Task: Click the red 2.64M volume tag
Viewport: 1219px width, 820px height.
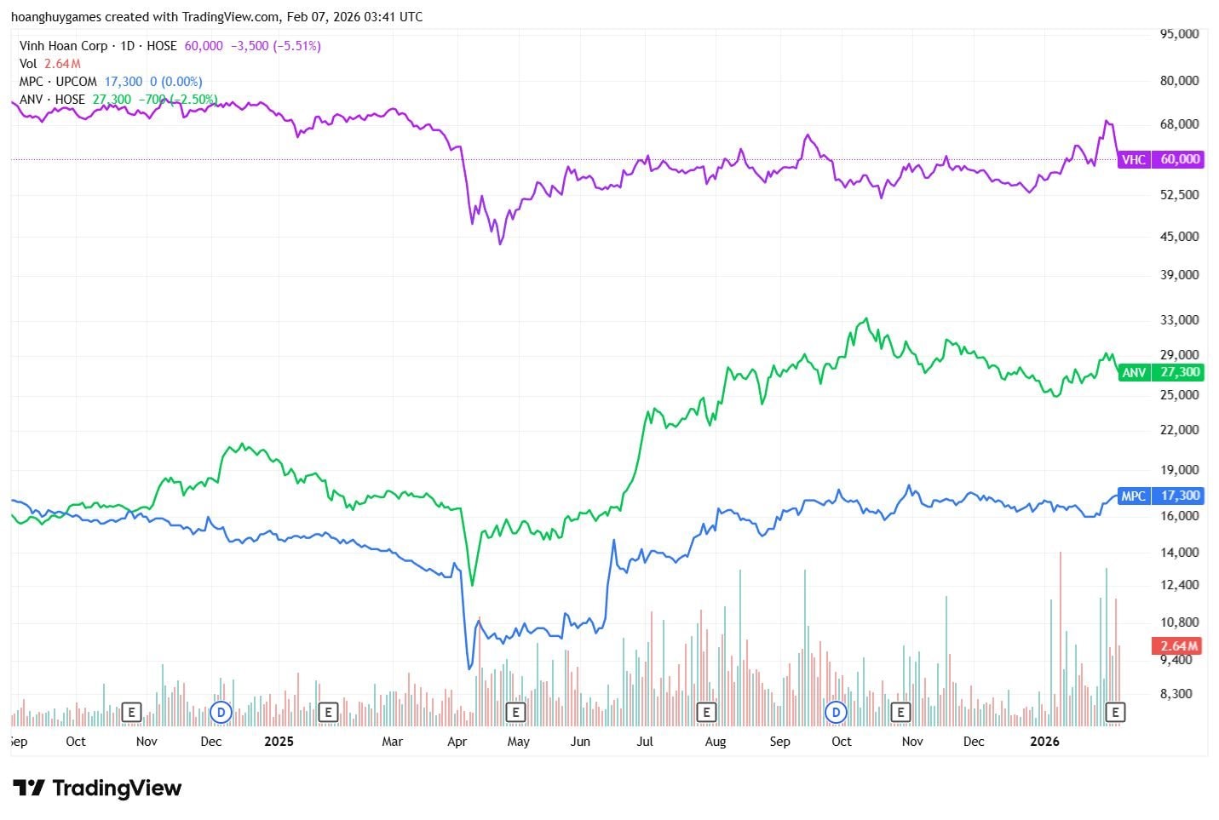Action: tap(1178, 645)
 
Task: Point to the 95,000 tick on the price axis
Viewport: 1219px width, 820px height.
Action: tap(1180, 34)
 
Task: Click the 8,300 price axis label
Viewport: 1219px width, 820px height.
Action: tap(1176, 693)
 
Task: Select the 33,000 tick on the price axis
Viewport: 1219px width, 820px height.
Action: tap(1180, 320)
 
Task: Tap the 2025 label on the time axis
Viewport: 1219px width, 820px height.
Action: tap(279, 741)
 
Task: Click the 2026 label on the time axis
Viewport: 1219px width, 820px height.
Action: tap(1044, 741)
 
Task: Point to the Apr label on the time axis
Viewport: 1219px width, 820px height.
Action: tap(457, 741)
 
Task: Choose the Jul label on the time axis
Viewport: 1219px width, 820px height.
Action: tap(645, 741)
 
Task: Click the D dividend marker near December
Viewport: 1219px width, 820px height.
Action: tap(221, 712)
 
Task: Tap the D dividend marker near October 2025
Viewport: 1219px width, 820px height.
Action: tap(837, 712)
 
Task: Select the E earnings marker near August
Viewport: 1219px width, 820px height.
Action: tap(705, 712)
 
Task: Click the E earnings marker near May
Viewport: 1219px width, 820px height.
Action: tap(515, 712)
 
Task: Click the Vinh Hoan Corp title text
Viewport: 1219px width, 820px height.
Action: tap(63, 46)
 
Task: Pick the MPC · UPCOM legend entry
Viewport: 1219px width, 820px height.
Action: tap(58, 82)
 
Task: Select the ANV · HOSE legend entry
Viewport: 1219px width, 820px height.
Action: tap(52, 100)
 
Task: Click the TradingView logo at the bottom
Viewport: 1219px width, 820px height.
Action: tap(97, 788)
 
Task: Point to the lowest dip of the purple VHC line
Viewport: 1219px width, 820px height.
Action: tap(501, 244)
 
